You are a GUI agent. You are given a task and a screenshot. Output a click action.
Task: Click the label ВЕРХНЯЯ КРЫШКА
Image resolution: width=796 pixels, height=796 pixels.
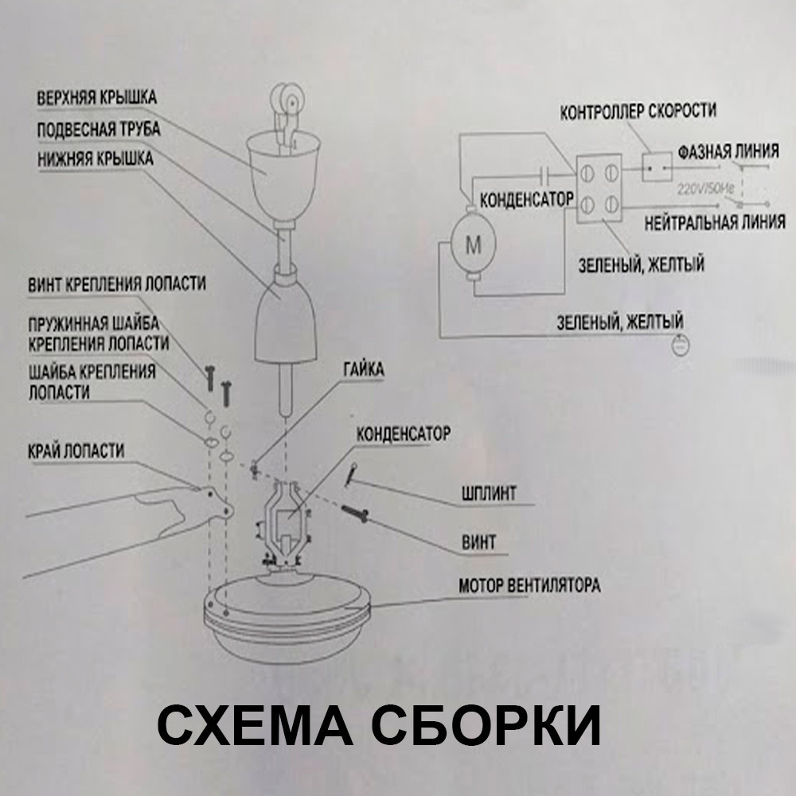pyautogui.click(x=96, y=97)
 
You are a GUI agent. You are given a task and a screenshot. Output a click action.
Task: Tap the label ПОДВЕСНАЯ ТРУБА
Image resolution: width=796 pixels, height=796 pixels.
pyautogui.click(x=99, y=129)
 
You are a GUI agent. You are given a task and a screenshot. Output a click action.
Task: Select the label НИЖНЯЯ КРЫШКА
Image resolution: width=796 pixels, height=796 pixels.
pyautogui.click(x=96, y=158)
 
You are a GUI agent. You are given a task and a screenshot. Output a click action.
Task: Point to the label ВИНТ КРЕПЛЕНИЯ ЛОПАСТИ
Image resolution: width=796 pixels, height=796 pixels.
pyautogui.click(x=117, y=283)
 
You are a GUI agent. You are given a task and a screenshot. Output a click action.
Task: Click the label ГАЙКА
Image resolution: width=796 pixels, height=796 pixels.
pyautogui.click(x=364, y=369)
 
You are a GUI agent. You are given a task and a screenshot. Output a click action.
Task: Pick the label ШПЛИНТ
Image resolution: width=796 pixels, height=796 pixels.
pyautogui.click(x=489, y=493)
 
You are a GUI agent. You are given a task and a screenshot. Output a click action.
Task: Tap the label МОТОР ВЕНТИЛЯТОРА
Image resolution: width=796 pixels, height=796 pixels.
pyautogui.click(x=529, y=585)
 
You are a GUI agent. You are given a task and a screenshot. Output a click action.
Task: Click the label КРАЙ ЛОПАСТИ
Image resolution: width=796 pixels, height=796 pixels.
pyautogui.click(x=76, y=451)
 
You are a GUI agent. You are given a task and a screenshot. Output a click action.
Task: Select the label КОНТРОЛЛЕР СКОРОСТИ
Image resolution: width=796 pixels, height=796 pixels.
pyautogui.click(x=638, y=111)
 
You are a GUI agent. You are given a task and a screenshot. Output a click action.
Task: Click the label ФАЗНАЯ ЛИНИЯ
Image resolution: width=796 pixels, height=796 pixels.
pyautogui.click(x=728, y=151)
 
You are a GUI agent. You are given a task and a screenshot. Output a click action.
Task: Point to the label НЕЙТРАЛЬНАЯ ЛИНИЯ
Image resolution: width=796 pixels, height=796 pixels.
pyautogui.click(x=715, y=222)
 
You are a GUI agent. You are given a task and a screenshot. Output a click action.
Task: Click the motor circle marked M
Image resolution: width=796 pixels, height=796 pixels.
pyautogui.click(x=474, y=245)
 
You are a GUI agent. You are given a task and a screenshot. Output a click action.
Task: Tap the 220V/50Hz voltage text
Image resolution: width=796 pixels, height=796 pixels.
pyautogui.click(x=705, y=189)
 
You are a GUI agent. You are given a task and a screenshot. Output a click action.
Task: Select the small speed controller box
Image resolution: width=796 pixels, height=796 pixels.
pyautogui.click(x=657, y=167)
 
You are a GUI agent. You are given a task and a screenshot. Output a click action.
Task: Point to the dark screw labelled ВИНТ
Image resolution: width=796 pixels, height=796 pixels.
pyautogui.click(x=355, y=513)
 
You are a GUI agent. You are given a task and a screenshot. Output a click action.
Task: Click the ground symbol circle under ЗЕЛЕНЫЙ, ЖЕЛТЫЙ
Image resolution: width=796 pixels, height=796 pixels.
pyautogui.click(x=681, y=345)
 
